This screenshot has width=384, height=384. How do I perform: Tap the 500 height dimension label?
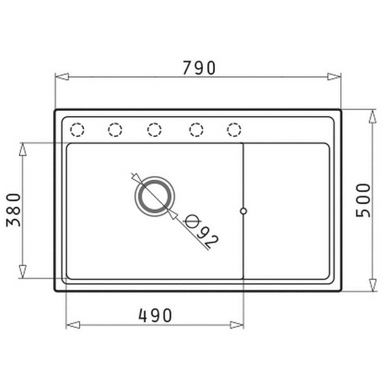coord(363,200)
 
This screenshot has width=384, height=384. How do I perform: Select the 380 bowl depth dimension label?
coord(14,210)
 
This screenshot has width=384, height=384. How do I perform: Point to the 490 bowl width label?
coord(155,315)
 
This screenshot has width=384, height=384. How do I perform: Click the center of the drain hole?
coord(155,196)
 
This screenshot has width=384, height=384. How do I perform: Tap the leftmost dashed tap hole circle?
coord(77,129)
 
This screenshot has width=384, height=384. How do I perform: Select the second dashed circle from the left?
coord(115,129)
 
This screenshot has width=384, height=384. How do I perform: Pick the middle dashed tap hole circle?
coord(154,129)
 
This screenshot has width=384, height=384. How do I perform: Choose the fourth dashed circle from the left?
coord(196,129)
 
